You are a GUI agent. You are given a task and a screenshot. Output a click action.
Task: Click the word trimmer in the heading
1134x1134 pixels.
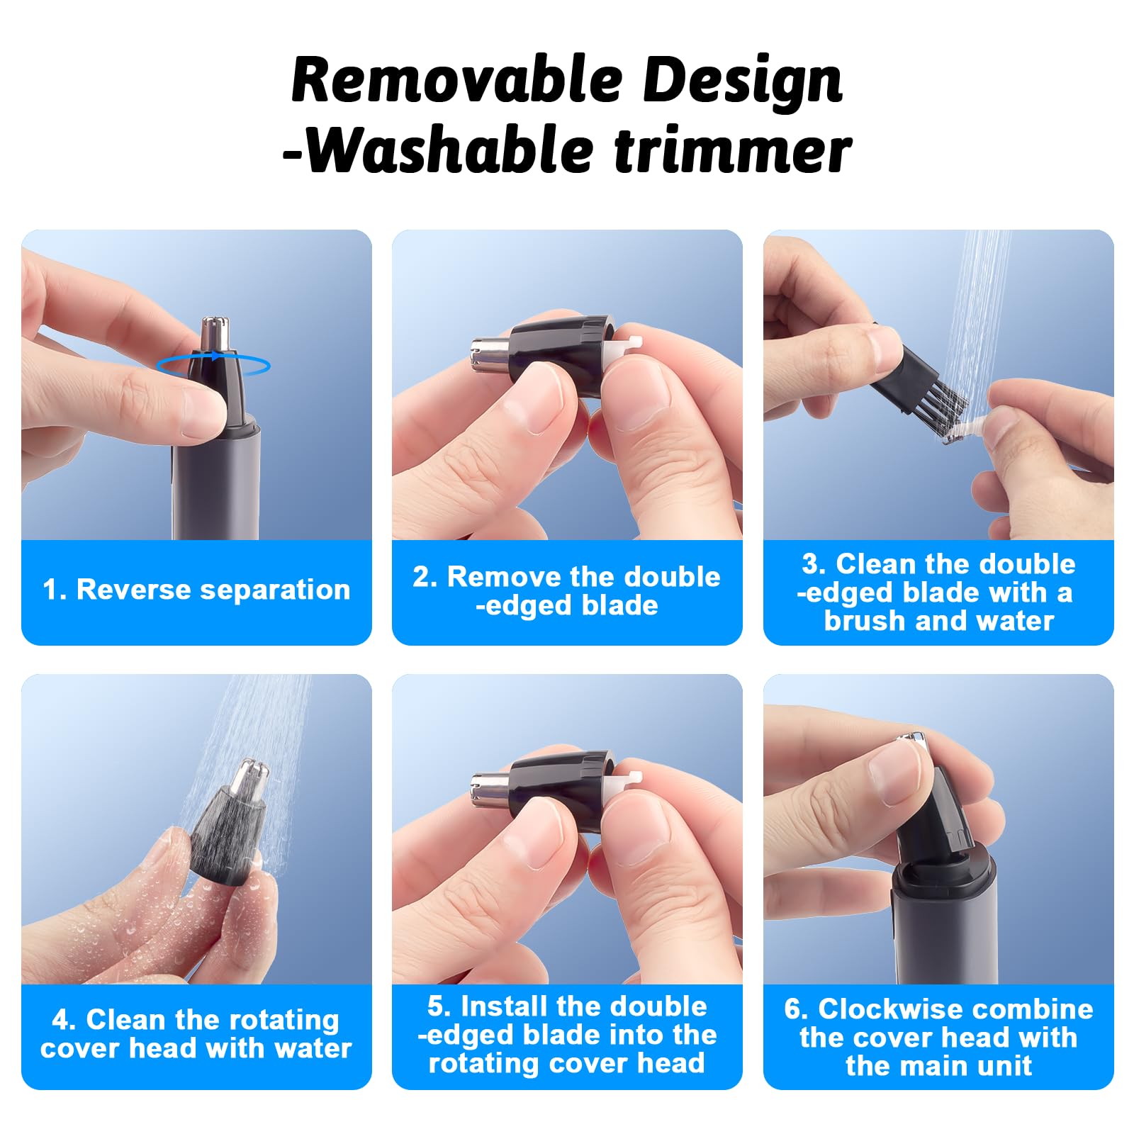[733, 151]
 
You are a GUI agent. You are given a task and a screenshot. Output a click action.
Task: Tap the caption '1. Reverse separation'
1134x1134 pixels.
[196, 590]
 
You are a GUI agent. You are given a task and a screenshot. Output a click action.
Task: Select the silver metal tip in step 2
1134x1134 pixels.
[489, 356]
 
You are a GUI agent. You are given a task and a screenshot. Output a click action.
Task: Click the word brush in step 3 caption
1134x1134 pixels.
[865, 621]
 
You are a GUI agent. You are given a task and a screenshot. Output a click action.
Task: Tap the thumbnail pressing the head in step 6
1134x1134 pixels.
[895, 773]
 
